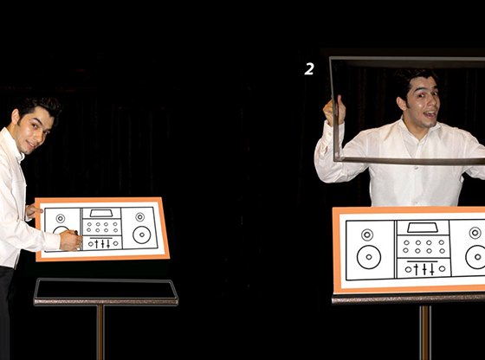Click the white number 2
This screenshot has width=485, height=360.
[x=309, y=69]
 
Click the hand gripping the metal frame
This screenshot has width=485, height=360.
[x=334, y=111]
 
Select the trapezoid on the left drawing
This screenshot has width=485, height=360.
[x=101, y=213]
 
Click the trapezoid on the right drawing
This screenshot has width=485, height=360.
[x=423, y=228]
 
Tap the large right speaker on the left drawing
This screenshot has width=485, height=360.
[x=142, y=235]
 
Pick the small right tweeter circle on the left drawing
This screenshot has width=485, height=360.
[x=140, y=217]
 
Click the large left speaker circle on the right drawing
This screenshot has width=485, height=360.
[x=369, y=257]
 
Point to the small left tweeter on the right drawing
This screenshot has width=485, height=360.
[x=367, y=235]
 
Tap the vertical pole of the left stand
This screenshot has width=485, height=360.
[x=100, y=332]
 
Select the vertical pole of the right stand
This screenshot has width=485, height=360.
[x=425, y=332]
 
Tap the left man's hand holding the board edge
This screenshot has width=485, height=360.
[x=33, y=211]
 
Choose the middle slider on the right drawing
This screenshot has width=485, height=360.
[x=424, y=269]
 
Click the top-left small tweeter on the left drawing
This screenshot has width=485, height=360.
[x=61, y=218]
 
